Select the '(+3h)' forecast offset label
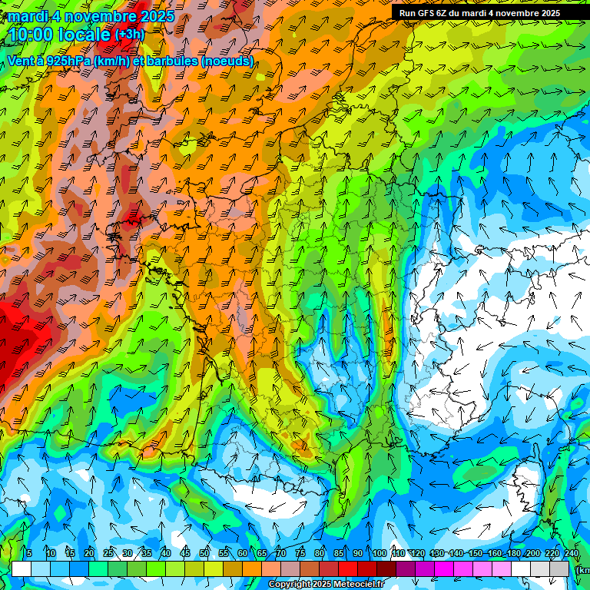pyautogui.click(x=129, y=35)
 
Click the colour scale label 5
pyautogui.click(x=28, y=554)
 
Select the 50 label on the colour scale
pyautogui.click(x=204, y=554)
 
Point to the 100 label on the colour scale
pyautogui.click(x=379, y=554)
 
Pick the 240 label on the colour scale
pyautogui.click(x=571, y=554)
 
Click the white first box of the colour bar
pyautogui.click(x=22, y=568)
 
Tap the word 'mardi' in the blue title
pyautogui.click(x=26, y=16)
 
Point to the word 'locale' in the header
pyautogui.click(x=85, y=35)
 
